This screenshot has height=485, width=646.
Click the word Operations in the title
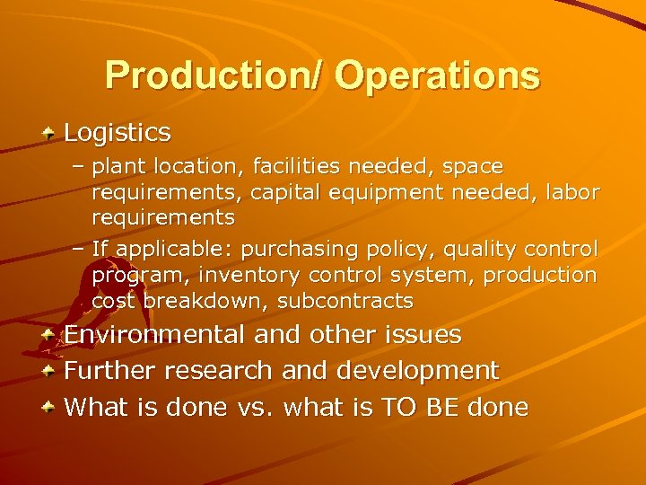tap(438, 77)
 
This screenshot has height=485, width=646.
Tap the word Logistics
tap(118, 133)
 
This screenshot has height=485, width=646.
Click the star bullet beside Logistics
tap(50, 133)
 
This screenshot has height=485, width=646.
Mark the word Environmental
tap(154, 335)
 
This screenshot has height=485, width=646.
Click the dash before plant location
tap(79, 167)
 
